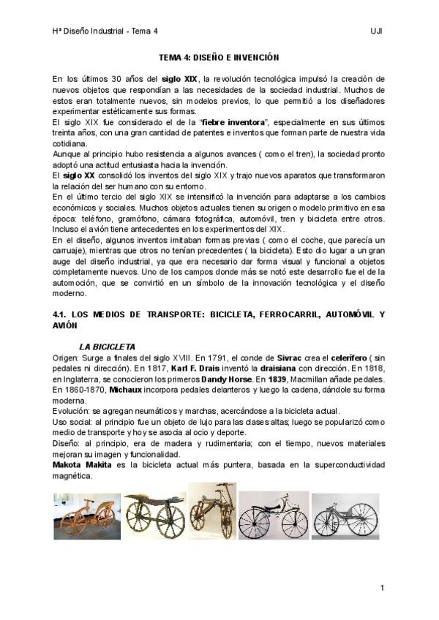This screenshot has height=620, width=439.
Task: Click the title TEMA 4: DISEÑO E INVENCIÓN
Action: [219, 56]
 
